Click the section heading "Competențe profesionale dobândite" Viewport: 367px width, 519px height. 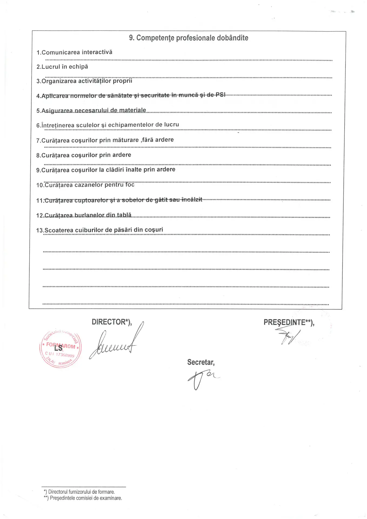[x=188, y=38]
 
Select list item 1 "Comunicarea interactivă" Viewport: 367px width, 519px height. [x=74, y=52]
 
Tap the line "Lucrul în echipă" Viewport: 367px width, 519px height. [x=62, y=67]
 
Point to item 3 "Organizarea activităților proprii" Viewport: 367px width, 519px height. [x=84, y=81]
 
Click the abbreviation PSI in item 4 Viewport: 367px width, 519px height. [x=221, y=95]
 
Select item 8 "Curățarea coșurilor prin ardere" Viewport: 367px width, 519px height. [x=84, y=155]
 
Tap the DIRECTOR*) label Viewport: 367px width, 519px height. [x=112, y=322]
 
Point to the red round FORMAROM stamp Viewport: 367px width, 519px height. [x=60, y=349]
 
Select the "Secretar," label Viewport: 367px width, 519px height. [x=201, y=362]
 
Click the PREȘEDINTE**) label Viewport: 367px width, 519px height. [x=289, y=322]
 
